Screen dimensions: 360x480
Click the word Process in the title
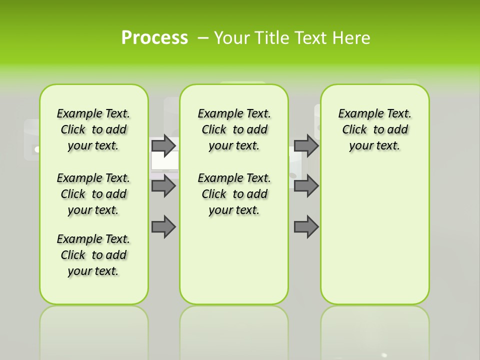tap(154, 38)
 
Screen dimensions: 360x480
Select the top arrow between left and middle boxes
tap(163, 145)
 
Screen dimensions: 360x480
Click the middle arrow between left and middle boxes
tap(163, 186)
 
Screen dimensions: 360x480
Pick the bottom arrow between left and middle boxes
tap(163, 227)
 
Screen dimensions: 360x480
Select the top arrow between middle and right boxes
tap(306, 145)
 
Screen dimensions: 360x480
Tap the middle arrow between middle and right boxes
tap(306, 186)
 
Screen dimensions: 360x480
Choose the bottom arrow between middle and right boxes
tap(306, 227)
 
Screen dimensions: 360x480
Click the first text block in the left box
tap(93, 129)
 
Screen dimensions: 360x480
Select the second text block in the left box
tap(93, 194)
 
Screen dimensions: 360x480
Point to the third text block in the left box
tap(93, 255)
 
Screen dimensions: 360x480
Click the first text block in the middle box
tap(234, 129)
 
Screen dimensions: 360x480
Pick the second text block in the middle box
tap(234, 194)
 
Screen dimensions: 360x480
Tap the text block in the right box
tap(374, 129)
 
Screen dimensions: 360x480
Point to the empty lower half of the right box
tap(374, 235)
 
